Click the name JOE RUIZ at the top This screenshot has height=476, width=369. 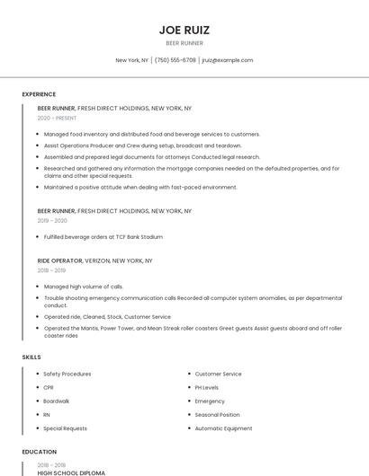tap(184, 30)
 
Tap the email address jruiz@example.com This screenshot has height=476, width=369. tap(227, 60)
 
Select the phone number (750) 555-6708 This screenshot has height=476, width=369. tap(175, 60)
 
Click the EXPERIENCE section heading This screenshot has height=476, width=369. tap(39, 94)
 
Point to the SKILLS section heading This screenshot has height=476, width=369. tap(31, 357)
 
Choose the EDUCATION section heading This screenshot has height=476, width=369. tap(39, 452)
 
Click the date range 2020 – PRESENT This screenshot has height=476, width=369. tap(57, 118)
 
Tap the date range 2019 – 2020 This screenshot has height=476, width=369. tap(52, 220)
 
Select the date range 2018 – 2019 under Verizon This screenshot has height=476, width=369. tap(51, 270)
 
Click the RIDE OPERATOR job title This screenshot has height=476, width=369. tap(59, 260)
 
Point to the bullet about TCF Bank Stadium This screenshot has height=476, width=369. tap(103, 237)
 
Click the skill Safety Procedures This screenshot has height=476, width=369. tap(67, 374)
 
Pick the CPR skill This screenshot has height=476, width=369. tap(49, 387)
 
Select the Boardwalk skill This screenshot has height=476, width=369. tap(56, 401)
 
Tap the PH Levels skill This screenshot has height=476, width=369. tap(206, 387)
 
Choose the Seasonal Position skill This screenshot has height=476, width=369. tap(217, 415)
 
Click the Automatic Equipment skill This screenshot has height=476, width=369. tap(223, 428)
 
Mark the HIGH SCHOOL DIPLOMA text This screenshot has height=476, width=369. tap(71, 472)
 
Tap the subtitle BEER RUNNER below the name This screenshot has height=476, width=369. tap(184, 43)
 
